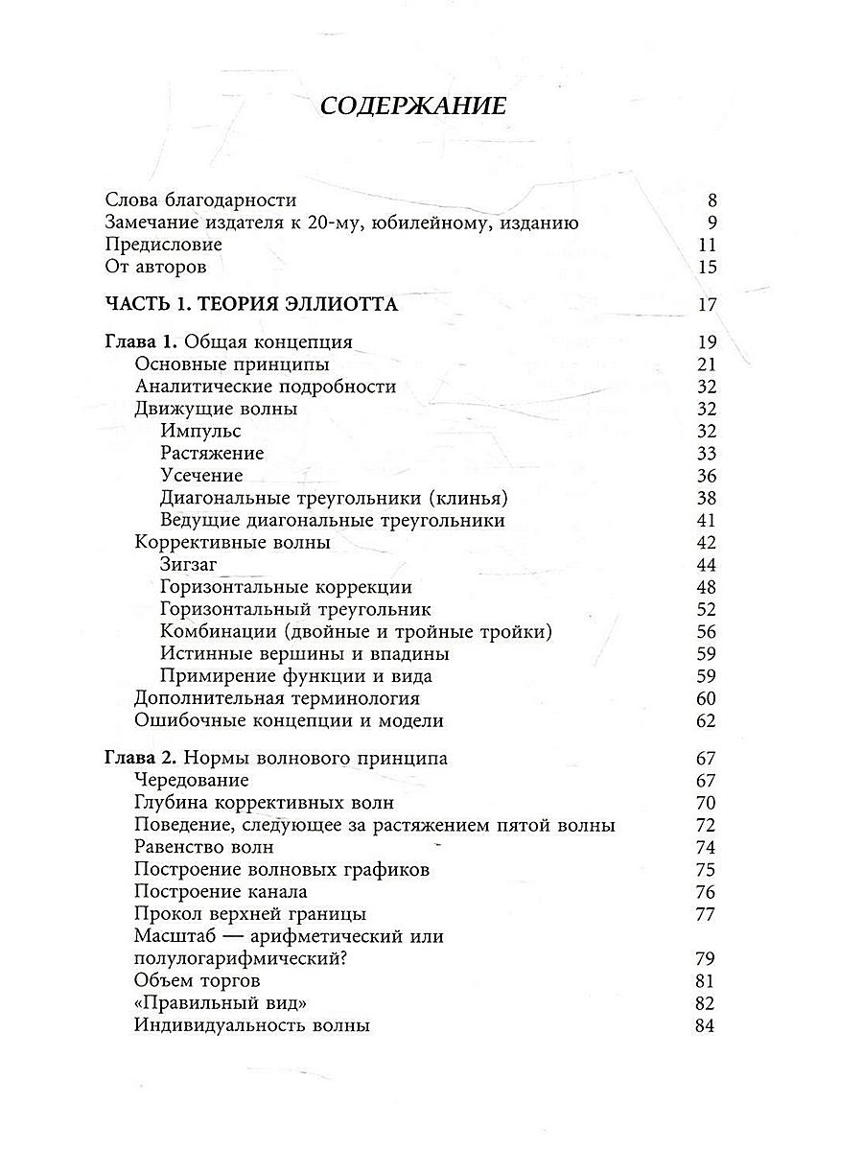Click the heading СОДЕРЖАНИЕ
412,106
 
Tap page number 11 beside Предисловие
708,245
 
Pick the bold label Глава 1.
140,342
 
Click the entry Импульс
201,431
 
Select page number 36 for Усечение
707,476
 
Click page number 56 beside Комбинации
707,631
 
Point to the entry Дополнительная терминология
277,698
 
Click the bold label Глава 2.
140,758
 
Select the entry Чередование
192,780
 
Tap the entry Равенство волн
204,847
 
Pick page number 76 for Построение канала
707,892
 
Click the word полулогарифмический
238,958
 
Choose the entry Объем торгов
198,980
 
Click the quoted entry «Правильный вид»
213,1003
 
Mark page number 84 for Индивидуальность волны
707,1025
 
